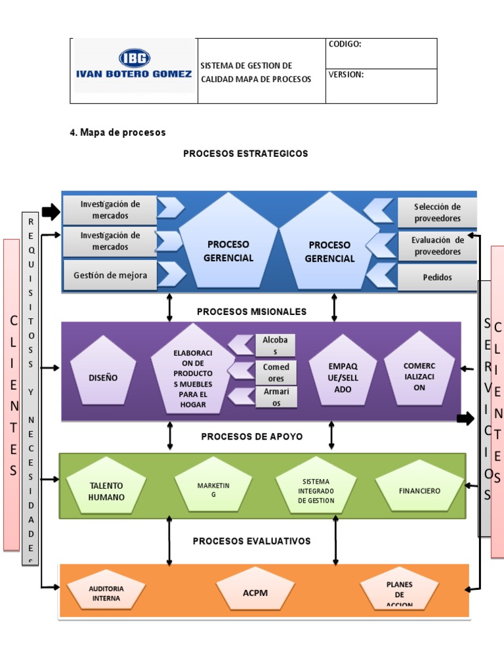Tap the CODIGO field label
[x=345, y=45]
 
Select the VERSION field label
[x=346, y=75]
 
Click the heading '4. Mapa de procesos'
[x=118, y=133]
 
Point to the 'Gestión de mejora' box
[x=110, y=276]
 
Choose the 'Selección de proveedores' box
[x=437, y=213]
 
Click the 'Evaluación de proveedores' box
[x=437, y=245]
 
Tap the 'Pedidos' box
[x=437, y=277]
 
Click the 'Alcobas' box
[x=276, y=345]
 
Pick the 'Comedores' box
[x=276, y=373]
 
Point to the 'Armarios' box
[x=276, y=398]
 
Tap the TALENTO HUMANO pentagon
[x=106, y=490]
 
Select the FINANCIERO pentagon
[x=419, y=490]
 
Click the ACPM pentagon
[x=255, y=592]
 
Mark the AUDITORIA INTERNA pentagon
[x=106, y=593]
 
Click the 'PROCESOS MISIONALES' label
[x=251, y=312]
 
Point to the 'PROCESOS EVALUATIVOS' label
[x=251, y=541]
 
